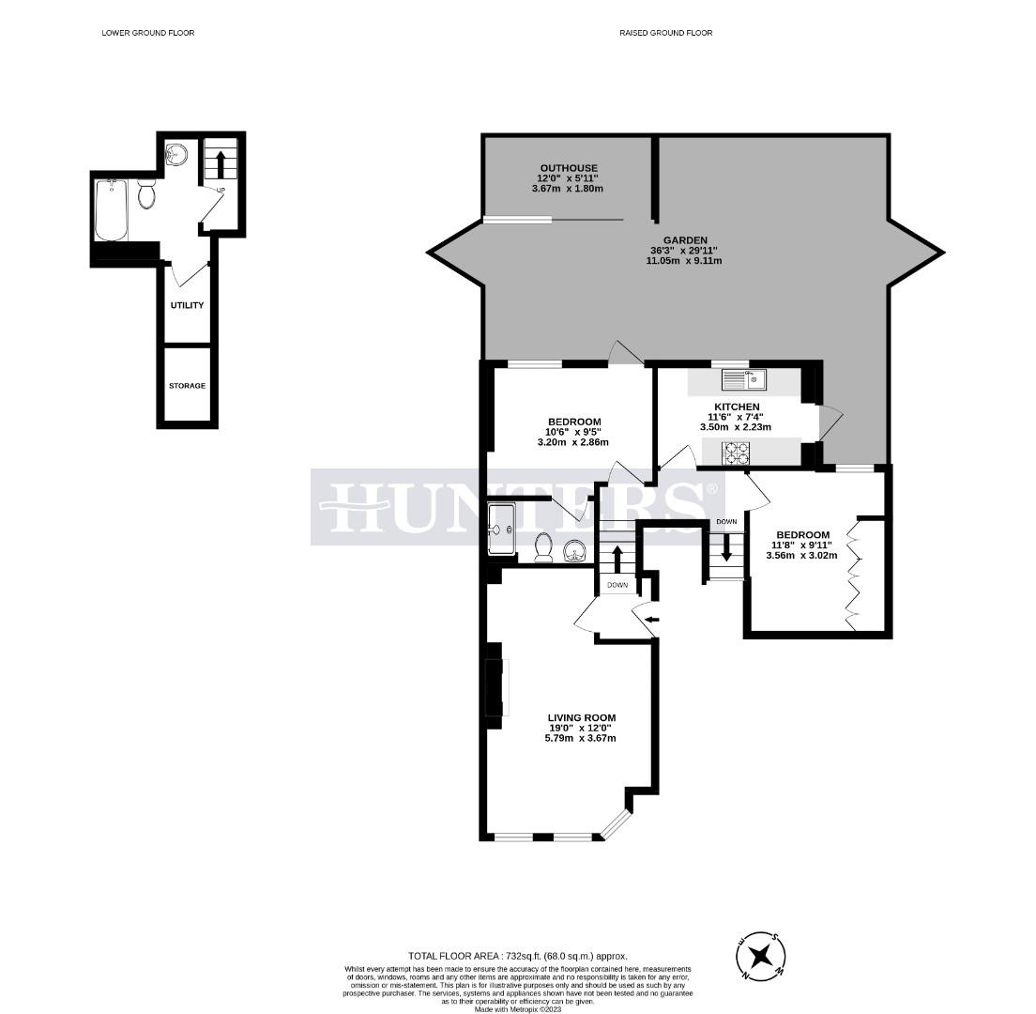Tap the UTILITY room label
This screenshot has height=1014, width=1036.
pos(187,305)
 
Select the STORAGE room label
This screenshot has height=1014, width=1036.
pos(187,385)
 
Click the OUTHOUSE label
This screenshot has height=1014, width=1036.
pos(569,168)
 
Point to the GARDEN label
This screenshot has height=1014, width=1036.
pos(685,240)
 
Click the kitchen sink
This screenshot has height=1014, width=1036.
pos(744,379)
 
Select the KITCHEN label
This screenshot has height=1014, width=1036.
pos(737,407)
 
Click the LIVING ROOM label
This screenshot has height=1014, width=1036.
pos(582,717)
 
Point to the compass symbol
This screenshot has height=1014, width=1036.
pos(761,955)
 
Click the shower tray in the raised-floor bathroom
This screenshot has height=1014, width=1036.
pos(502,529)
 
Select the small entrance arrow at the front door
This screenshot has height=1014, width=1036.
pos(651,620)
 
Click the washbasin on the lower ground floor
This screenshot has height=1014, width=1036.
pos(175,154)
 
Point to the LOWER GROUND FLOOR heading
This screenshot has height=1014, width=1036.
pos(148,32)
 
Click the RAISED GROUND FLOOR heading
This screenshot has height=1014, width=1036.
pos(666,32)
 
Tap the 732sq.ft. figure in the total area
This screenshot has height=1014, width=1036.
pos(524,955)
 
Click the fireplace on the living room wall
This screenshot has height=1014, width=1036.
pos(495,686)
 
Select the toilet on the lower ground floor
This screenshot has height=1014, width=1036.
pos(146,192)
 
